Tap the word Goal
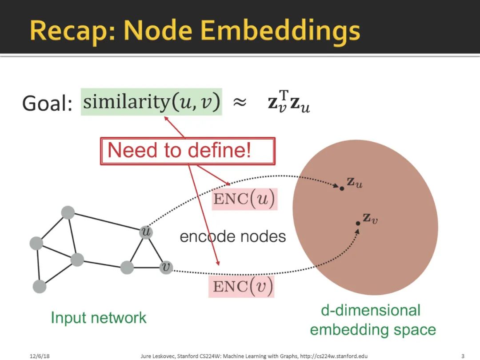(x=47, y=104)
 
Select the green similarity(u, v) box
(x=151, y=103)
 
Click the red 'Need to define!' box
(x=188, y=151)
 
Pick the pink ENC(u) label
(x=244, y=199)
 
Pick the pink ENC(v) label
(x=241, y=286)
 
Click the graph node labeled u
(x=146, y=232)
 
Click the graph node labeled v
(x=166, y=267)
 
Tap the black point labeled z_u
(x=342, y=188)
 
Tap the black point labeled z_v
(x=358, y=223)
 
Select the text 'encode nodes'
(x=232, y=236)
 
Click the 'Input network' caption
(x=98, y=317)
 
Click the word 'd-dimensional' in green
(x=370, y=310)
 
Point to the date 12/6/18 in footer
(x=39, y=356)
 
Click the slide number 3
(x=463, y=356)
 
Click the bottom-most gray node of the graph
(x=40, y=287)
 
